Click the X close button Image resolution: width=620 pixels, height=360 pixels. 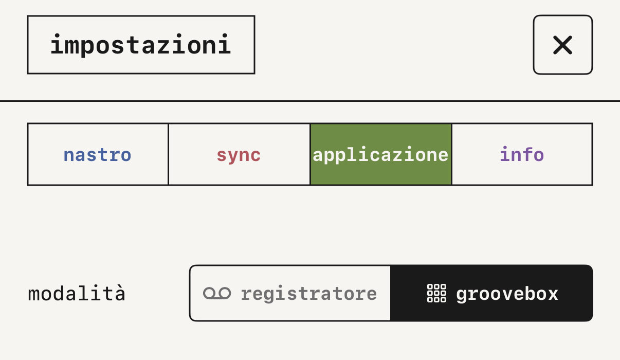563,45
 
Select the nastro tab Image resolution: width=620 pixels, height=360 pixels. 98,154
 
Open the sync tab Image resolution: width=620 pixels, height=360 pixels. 239,154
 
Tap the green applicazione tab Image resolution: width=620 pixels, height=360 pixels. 381,154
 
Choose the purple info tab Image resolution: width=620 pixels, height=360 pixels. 522,154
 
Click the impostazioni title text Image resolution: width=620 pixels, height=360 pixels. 141,45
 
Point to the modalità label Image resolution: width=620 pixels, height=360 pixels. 77,293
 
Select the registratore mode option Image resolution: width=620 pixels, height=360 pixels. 290,293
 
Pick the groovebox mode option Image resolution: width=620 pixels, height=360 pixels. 491,293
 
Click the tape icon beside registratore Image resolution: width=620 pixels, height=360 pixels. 217,293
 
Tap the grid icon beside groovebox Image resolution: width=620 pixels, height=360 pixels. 436,293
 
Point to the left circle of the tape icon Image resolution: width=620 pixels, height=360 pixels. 209,293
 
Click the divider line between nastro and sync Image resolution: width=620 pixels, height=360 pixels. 168,154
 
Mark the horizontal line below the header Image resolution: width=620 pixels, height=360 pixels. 310,101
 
